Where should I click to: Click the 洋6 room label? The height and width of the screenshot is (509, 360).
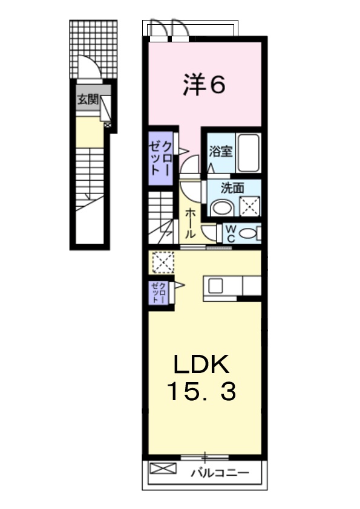click(x=204, y=85)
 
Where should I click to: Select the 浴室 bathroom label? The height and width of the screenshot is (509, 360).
click(x=221, y=151)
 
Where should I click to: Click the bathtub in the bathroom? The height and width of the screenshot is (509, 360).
click(x=248, y=153)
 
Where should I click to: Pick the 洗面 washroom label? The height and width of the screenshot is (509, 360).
click(x=232, y=188)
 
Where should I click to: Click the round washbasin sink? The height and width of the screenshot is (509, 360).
click(x=222, y=207)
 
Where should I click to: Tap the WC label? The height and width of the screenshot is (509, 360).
click(x=231, y=232)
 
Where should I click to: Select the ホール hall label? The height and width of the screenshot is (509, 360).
click(x=189, y=222)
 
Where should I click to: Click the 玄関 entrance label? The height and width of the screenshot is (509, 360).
click(x=87, y=100)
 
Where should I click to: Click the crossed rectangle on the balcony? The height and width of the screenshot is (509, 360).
click(x=161, y=468)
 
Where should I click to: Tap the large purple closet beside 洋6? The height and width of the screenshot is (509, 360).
click(x=161, y=157)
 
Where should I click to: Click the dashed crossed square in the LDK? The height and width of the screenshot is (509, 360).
click(x=163, y=262)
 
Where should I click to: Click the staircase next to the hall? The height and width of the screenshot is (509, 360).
click(x=162, y=217)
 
